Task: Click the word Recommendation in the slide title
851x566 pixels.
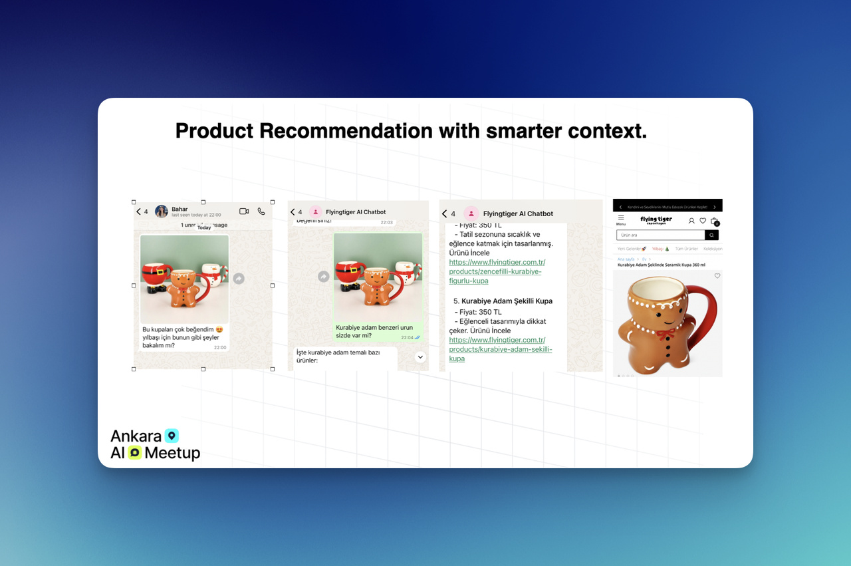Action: point(346,131)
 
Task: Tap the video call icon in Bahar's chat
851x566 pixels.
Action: point(244,212)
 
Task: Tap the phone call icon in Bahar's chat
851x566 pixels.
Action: point(261,212)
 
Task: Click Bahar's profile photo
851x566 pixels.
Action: point(162,212)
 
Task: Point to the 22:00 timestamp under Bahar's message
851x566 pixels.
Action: point(220,347)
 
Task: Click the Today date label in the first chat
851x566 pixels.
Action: point(204,227)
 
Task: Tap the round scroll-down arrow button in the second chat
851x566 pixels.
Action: point(420,357)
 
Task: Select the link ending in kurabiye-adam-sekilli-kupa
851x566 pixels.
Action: point(500,349)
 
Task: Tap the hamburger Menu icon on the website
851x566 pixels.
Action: point(621,218)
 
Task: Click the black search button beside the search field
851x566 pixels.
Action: point(712,235)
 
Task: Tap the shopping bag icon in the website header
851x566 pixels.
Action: point(714,221)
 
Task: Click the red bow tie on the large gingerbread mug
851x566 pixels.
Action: point(666,331)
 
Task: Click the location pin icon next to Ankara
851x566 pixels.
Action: point(172,436)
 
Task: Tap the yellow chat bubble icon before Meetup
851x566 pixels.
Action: point(135,453)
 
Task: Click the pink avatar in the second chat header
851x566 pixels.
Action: point(316,212)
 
